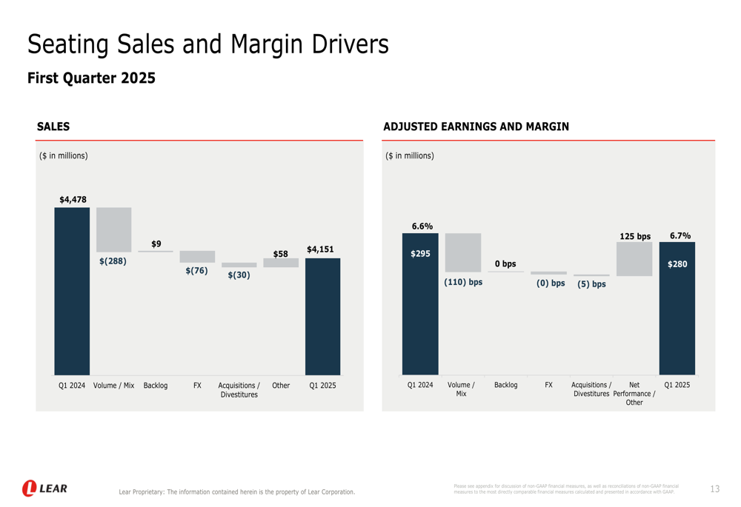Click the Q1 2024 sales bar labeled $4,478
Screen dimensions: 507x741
pyautogui.click(x=72, y=291)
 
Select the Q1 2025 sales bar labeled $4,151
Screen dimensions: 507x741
pyautogui.click(x=323, y=316)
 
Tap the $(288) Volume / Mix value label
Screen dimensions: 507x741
pyautogui.click(x=113, y=261)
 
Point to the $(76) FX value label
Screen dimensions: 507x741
pyautogui.click(x=196, y=271)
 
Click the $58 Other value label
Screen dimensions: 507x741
pyautogui.click(x=280, y=254)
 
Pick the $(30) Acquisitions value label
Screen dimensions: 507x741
pyautogui.click(x=239, y=275)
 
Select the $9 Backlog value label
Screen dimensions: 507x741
pyautogui.click(x=156, y=244)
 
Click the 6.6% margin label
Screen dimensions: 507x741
pyautogui.click(x=422, y=226)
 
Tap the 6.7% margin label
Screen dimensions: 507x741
pyautogui.click(x=679, y=235)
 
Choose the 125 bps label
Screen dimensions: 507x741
pyautogui.click(x=634, y=236)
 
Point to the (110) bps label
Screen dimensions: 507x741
pyautogui.click(x=463, y=282)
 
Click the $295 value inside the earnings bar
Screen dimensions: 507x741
pyautogui.click(x=420, y=254)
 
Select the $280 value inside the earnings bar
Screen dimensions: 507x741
pyautogui.click(x=677, y=263)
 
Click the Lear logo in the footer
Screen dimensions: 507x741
pyautogui.click(x=44, y=488)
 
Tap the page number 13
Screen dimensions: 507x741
pyautogui.click(x=714, y=489)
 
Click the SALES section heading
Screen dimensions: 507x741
pyautogui.click(x=53, y=127)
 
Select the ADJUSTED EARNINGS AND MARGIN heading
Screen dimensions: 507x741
pyautogui.click(x=476, y=127)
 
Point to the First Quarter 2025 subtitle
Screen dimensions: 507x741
pyautogui.click(x=91, y=78)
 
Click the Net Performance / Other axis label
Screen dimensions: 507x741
pyautogui.click(x=634, y=394)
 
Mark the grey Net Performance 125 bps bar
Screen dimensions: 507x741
pyautogui.click(x=634, y=259)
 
